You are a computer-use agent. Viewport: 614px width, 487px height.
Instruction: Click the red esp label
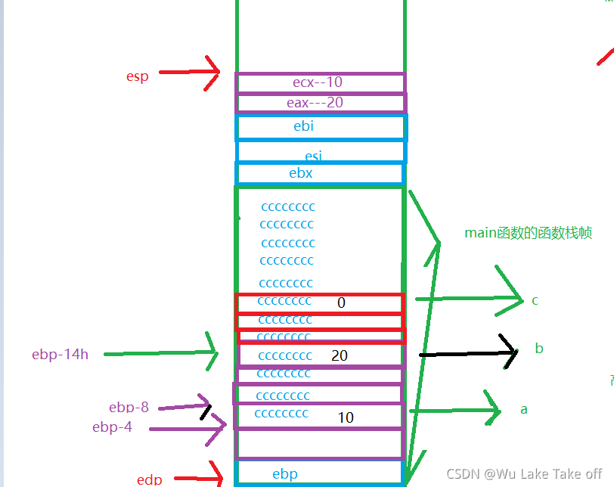click(x=137, y=76)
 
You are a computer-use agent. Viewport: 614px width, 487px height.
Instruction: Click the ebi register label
click(x=303, y=126)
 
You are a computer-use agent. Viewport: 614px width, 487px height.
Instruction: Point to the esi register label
click(x=313, y=156)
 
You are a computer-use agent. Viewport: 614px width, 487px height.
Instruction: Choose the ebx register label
click(x=301, y=173)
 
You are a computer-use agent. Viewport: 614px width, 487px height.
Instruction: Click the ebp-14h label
click(x=60, y=354)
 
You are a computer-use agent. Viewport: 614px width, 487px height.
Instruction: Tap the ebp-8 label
click(x=129, y=408)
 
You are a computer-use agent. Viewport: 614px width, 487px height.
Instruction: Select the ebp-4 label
click(x=112, y=427)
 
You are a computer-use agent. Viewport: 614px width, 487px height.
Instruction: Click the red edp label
click(x=150, y=479)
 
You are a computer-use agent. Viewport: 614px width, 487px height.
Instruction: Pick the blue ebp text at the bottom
click(x=285, y=474)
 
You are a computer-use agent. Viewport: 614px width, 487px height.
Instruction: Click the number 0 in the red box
click(x=341, y=302)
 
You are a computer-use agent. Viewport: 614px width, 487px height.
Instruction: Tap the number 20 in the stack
click(x=340, y=355)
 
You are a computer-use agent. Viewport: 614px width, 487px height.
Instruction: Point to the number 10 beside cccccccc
click(x=346, y=417)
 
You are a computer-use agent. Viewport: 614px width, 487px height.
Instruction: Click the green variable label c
click(x=535, y=300)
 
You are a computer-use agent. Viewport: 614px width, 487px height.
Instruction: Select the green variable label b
click(x=539, y=349)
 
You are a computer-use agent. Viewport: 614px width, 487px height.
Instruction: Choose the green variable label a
click(x=524, y=410)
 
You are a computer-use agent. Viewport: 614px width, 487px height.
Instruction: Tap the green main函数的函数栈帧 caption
click(x=528, y=233)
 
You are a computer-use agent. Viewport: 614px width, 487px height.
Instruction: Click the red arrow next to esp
click(x=189, y=73)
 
